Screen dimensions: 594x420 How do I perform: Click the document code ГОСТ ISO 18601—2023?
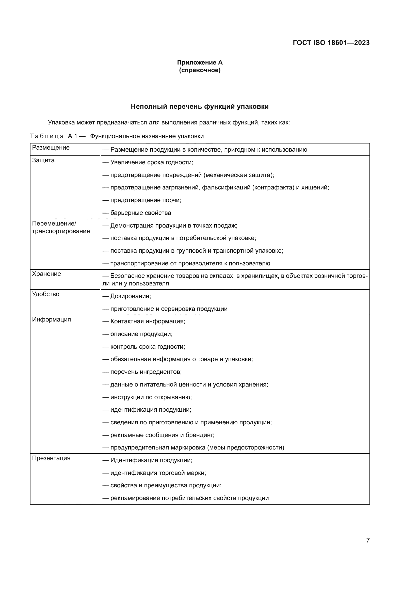(331, 43)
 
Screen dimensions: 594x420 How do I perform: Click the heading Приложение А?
(200, 62)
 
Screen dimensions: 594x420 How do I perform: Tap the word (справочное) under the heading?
(200, 70)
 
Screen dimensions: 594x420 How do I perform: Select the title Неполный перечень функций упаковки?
(200, 106)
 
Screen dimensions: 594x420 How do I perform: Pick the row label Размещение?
(51, 148)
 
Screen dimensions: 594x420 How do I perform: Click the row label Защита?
(43, 160)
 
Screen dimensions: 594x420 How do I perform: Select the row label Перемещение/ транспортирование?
(61, 227)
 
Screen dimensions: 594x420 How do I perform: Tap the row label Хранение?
(46, 274)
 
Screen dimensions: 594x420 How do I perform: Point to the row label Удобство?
(45, 294)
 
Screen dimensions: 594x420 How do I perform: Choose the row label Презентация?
(51, 458)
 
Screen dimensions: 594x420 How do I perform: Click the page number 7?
(368, 540)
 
